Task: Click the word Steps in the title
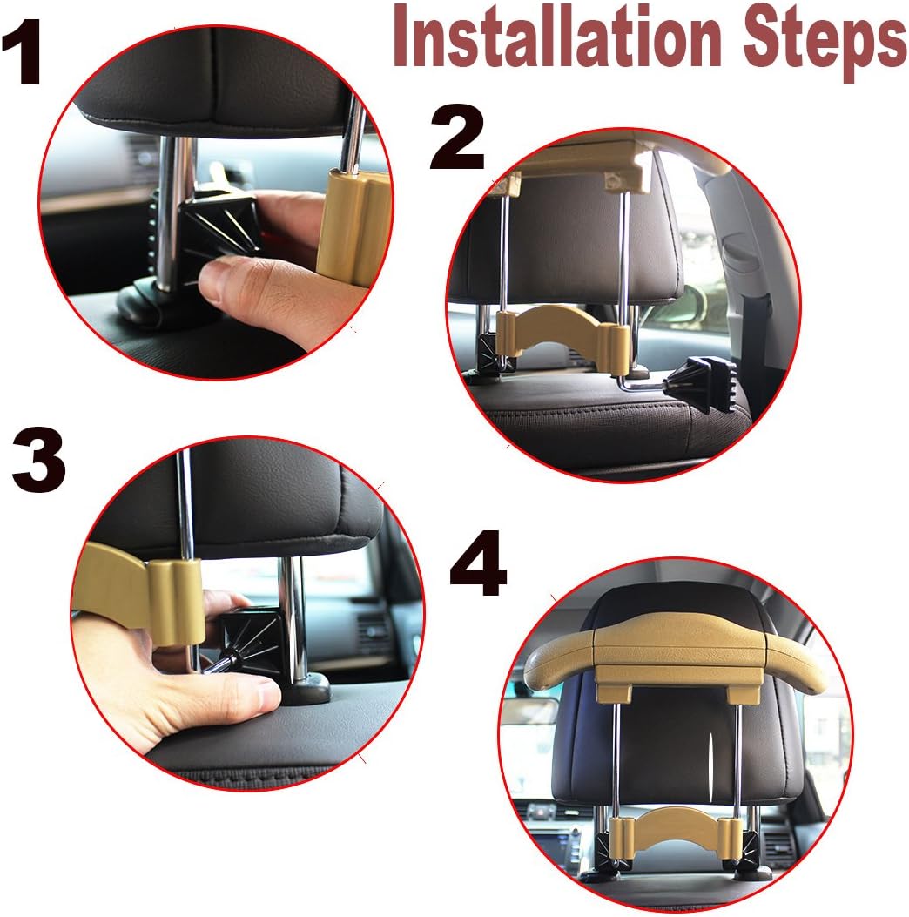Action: (814, 39)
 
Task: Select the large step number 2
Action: (457, 141)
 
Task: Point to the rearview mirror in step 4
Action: (529, 710)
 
